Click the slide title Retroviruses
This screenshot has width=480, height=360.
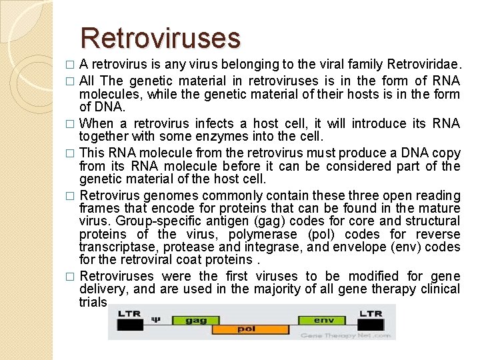[160, 38]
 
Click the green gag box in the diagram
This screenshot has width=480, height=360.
[196, 320]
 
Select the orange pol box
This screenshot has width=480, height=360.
[247, 329]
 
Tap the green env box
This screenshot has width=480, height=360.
[323, 320]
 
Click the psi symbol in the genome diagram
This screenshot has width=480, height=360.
[157, 319]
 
